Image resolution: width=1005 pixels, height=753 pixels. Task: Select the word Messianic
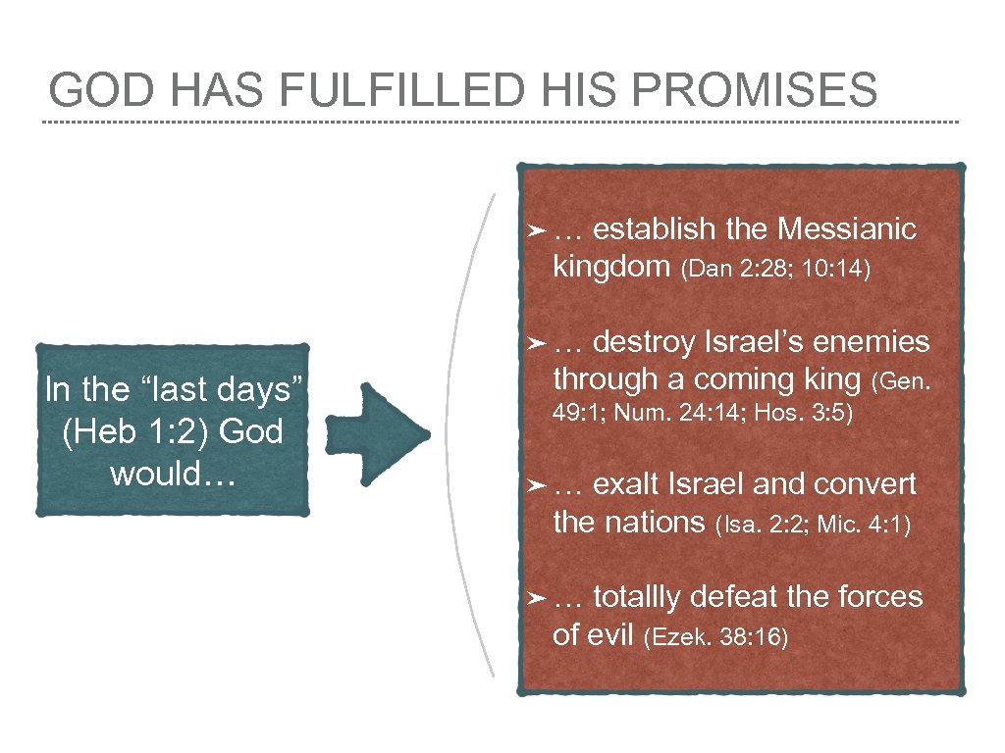click(846, 229)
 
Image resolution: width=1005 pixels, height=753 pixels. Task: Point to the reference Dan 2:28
click(732, 270)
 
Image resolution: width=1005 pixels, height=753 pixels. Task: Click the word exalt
click(628, 484)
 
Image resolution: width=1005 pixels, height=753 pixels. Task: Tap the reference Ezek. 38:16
click(714, 638)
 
